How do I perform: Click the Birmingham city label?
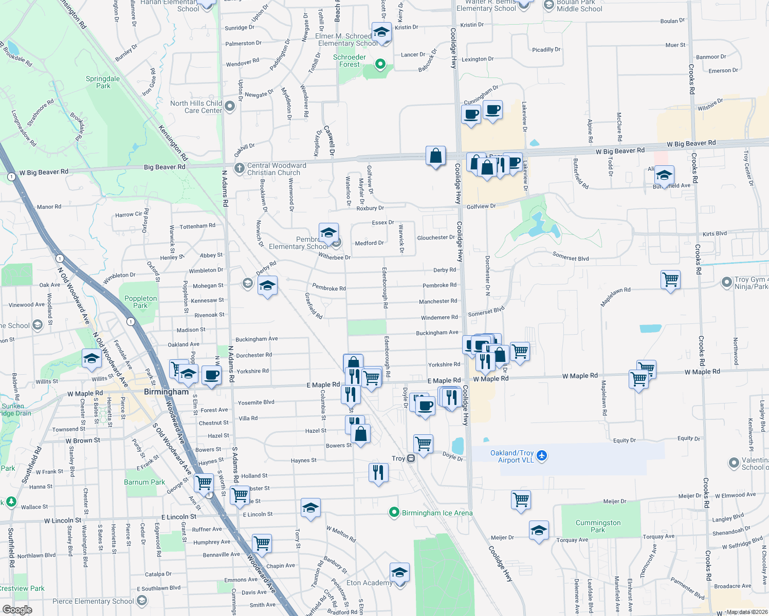coord(166,392)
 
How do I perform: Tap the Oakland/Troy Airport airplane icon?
coord(542,455)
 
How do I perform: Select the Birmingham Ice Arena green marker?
coord(394,512)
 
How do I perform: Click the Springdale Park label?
coord(103,82)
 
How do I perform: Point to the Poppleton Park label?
coord(140,302)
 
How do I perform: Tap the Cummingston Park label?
coord(598,526)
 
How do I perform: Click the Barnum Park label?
coord(144,482)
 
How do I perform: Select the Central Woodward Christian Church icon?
coord(239,168)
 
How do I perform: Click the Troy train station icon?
coord(411,458)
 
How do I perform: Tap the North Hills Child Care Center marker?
coord(230,106)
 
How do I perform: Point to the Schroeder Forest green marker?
coord(380,64)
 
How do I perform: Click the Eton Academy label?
coord(369,583)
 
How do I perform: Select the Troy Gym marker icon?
coord(726,282)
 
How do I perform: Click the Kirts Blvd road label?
coord(715,234)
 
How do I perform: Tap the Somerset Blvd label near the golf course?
coord(571,256)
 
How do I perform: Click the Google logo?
coord(17,609)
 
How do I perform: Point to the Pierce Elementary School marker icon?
coord(142,600)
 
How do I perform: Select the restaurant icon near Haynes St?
coord(378,472)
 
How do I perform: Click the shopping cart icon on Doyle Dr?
coord(424,443)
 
